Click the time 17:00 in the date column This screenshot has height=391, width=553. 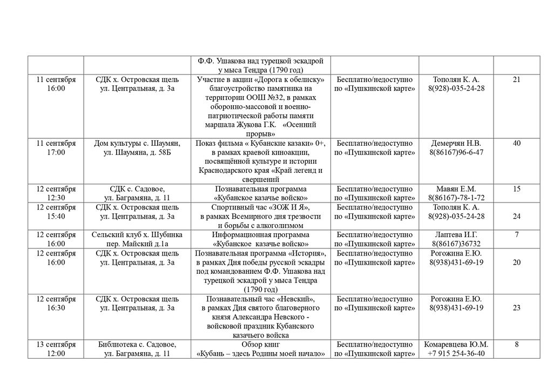pyautogui.click(x=56, y=152)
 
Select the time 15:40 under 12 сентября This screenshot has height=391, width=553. pyautogui.click(x=56, y=217)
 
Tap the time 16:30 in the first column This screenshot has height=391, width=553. pyautogui.click(x=56, y=308)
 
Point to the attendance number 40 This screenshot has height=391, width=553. pyautogui.click(x=517, y=143)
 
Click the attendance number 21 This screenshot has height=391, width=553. pyautogui.click(x=517, y=79)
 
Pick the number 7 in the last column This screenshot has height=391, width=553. pyautogui.click(x=517, y=235)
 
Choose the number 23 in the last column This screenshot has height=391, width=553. pyautogui.click(x=517, y=308)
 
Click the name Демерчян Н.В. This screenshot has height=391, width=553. pyautogui.click(x=456, y=143)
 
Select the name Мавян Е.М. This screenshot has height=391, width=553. pyautogui.click(x=456, y=189)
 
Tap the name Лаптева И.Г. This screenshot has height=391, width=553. pyautogui.click(x=456, y=235)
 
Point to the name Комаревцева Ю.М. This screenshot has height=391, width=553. pyautogui.click(x=456, y=345)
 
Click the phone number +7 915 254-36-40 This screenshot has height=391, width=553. pyautogui.click(x=456, y=354)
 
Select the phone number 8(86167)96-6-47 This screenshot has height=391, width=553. pyautogui.click(x=456, y=152)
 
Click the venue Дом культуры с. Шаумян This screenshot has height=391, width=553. pyautogui.click(x=137, y=143)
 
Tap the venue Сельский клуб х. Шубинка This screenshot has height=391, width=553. pyautogui.click(x=137, y=235)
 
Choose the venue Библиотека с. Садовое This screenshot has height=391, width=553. pyautogui.click(x=137, y=345)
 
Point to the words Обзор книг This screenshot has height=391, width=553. pyautogui.click(x=261, y=345)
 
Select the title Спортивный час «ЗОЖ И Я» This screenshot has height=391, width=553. pyautogui.click(x=261, y=207)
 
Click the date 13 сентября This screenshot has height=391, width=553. pyautogui.click(x=56, y=345)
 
